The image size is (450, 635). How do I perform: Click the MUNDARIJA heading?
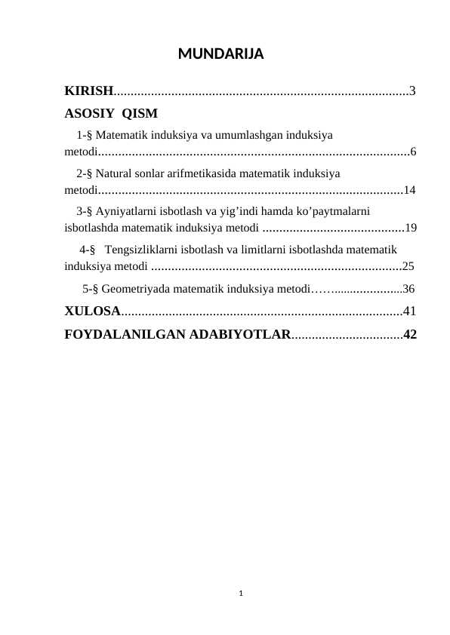220,55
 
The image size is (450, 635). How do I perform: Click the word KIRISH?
88,92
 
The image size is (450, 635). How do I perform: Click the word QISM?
140,114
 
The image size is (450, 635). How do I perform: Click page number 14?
410,189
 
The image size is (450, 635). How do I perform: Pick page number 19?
411,226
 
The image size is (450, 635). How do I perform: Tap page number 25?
408,265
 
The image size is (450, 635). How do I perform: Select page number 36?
408,288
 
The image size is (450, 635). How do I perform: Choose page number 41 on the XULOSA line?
410,310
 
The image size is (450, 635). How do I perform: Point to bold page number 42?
410,333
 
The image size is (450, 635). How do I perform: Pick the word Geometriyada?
135,288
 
